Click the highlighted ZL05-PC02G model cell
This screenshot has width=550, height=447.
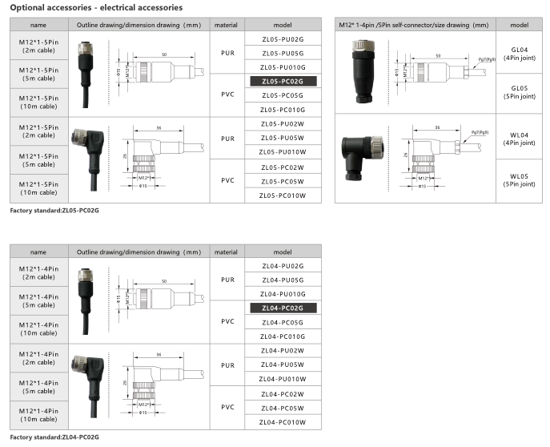coord(283,82)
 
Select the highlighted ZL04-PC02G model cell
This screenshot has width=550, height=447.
coord(283,308)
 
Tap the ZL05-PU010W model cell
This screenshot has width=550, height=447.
coord(283,152)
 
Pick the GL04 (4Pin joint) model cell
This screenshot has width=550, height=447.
coord(519,54)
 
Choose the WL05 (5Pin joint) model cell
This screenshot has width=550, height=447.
coord(519,180)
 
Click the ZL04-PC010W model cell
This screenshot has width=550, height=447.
coord(283,422)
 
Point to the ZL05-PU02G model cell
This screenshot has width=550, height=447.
coord(283,39)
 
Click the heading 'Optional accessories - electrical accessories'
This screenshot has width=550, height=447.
coord(96,8)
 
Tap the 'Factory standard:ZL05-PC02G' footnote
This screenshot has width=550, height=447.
coord(54,211)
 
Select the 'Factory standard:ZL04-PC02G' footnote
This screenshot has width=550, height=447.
coord(54,437)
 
